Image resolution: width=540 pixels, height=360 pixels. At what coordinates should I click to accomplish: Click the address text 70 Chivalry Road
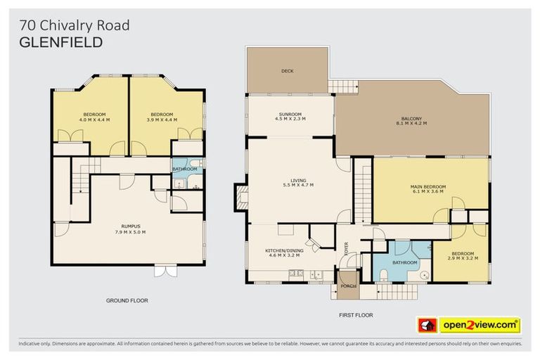click(75, 26)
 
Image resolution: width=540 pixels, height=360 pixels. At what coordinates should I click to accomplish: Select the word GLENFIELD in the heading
click(61, 42)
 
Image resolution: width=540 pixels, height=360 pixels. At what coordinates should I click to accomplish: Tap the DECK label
click(287, 71)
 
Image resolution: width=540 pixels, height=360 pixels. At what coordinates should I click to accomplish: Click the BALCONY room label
click(411, 118)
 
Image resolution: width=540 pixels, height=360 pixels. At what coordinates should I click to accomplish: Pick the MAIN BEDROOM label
click(428, 186)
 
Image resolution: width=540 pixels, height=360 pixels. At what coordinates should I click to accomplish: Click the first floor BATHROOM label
click(406, 262)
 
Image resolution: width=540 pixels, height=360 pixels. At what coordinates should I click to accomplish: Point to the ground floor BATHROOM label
click(185, 169)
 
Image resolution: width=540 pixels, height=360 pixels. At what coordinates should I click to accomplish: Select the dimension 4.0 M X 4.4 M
click(95, 119)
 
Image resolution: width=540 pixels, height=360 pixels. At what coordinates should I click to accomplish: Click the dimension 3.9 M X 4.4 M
click(162, 119)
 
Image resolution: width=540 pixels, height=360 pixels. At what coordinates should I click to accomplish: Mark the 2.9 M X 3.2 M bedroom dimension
click(463, 258)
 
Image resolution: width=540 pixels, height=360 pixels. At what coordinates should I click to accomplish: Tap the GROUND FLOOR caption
click(127, 300)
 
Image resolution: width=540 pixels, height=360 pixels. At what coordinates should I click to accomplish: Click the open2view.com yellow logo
click(480, 325)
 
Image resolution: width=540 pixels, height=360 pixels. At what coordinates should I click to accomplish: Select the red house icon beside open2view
click(427, 325)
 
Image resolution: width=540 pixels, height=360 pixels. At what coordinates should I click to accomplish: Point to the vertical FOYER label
click(346, 249)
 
